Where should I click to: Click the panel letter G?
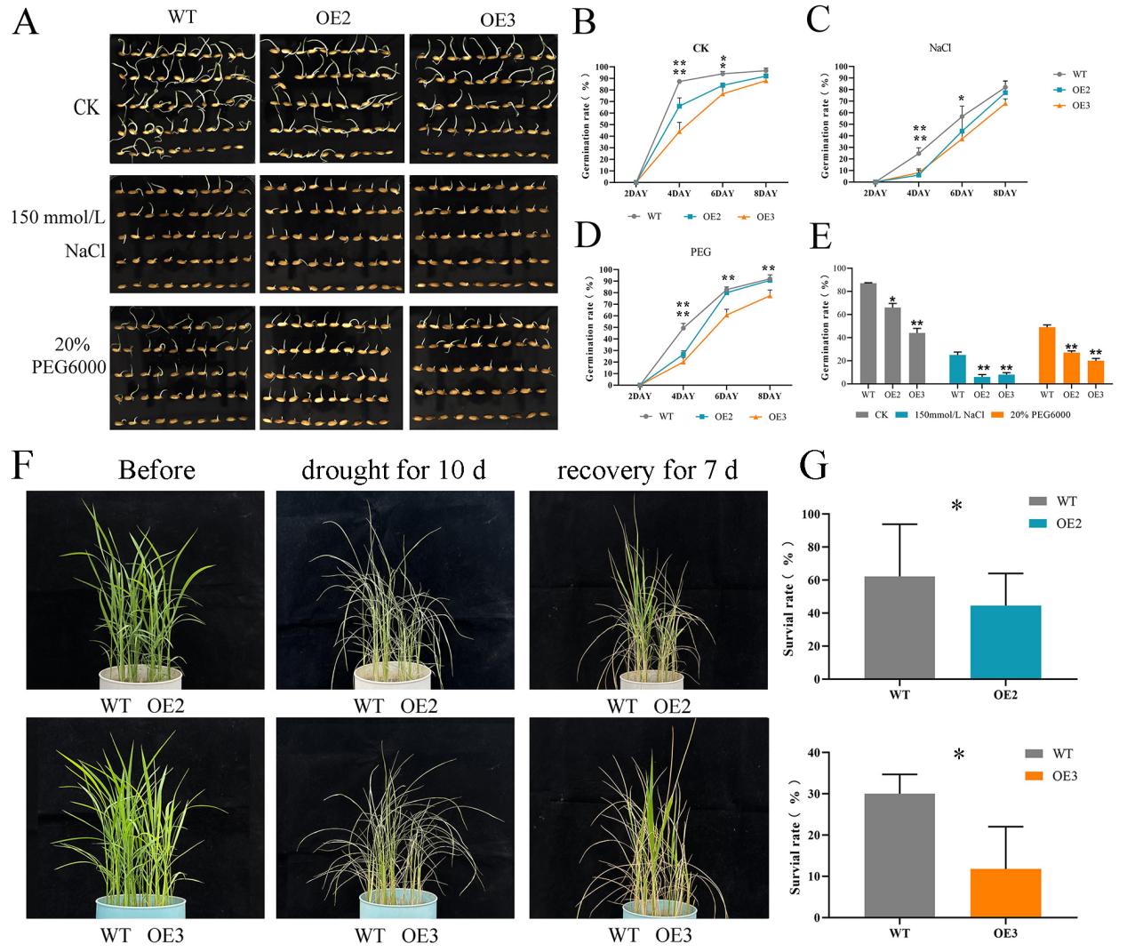(x=815, y=467)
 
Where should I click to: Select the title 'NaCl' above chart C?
(x=940, y=48)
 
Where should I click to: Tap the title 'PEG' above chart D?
(x=701, y=252)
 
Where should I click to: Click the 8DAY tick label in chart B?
(x=764, y=194)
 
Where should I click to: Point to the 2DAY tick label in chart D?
(x=639, y=396)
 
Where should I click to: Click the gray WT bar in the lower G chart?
(x=899, y=855)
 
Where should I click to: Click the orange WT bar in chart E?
(x=1047, y=356)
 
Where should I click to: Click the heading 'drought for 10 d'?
(x=393, y=469)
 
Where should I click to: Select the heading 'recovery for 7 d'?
(x=647, y=469)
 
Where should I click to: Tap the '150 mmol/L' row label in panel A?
(x=59, y=217)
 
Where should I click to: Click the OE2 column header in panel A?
(x=332, y=19)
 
